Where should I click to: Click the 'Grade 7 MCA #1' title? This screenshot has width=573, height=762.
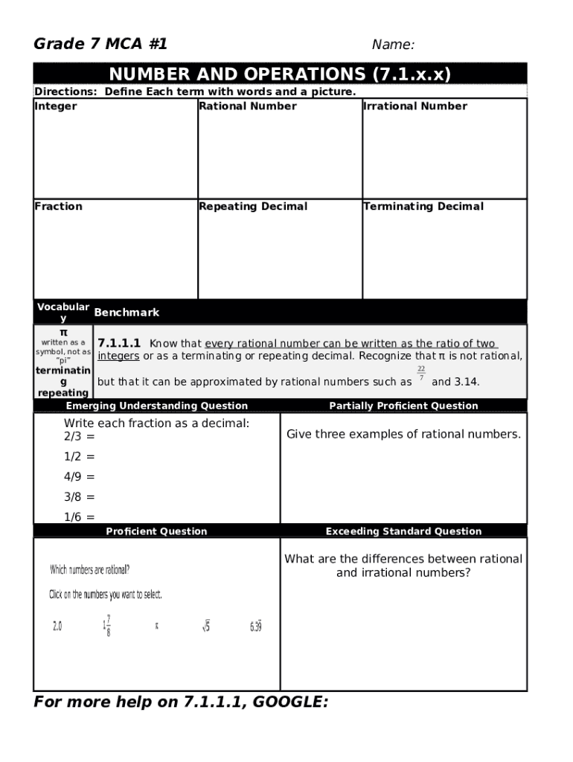(100, 45)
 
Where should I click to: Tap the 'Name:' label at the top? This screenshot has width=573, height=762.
(393, 45)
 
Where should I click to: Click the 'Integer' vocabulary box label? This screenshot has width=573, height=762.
(56, 106)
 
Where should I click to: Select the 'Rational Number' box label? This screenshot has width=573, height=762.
(248, 106)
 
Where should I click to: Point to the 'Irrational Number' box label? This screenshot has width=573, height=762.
(415, 106)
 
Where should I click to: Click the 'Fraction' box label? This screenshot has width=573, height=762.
(59, 207)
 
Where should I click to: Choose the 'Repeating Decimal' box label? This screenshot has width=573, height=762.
(253, 207)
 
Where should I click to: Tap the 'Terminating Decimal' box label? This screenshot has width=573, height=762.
(423, 207)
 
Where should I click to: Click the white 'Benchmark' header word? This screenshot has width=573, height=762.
(127, 313)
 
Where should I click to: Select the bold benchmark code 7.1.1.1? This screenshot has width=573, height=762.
(119, 344)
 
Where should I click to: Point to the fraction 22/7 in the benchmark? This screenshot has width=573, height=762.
(421, 374)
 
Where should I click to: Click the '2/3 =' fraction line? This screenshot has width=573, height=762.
(79, 437)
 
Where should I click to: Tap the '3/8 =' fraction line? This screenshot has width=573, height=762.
(79, 497)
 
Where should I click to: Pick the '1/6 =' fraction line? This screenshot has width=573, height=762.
(79, 517)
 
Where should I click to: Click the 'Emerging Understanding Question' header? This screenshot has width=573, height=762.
(156, 406)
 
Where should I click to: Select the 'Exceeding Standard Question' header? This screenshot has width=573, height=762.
(403, 531)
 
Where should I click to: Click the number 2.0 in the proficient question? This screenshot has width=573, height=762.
(57, 627)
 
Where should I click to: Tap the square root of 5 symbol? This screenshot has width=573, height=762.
(205, 627)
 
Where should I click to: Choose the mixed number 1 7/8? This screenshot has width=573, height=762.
(107, 626)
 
